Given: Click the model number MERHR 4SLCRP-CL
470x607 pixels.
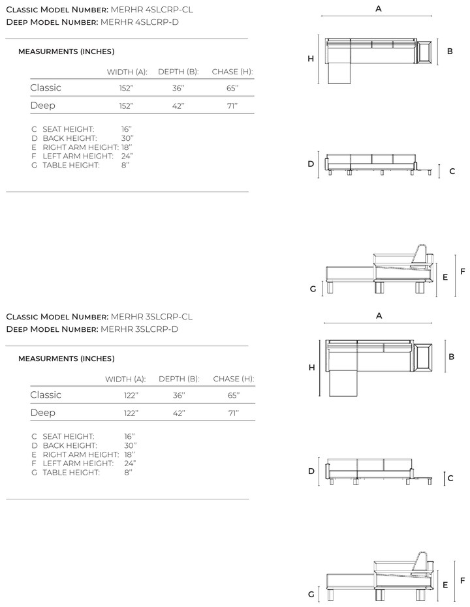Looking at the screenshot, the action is [x=151, y=10].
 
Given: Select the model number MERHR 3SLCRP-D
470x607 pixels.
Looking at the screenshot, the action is [x=140, y=329].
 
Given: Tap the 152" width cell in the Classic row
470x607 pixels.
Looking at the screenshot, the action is [x=127, y=88].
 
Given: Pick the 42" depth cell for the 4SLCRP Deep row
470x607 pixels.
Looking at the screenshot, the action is [x=178, y=106].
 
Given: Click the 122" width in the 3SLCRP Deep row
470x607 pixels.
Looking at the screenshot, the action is [x=131, y=413].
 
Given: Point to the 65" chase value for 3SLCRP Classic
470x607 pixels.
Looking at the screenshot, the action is [x=234, y=395].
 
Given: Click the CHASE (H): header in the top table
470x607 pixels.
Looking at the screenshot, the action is [x=232, y=72].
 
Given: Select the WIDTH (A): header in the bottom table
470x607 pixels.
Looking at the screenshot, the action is [x=125, y=379].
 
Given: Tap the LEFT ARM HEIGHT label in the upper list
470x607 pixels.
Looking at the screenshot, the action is [x=78, y=156].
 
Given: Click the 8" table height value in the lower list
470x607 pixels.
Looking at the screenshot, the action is [x=128, y=472].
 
